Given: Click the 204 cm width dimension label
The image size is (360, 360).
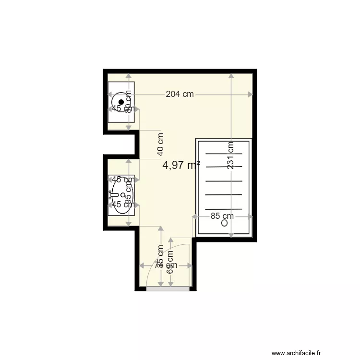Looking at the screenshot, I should point(180,94).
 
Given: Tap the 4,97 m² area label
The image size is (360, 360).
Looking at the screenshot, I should point(181,165).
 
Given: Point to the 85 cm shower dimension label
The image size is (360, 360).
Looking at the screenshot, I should point(222,216).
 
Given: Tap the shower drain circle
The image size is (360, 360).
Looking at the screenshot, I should point(224,223).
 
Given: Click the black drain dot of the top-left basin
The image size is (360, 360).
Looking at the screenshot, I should point(121,102).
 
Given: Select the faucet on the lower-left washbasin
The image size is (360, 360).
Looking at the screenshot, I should point(112,195).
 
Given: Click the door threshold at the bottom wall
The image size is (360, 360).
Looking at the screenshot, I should point(168,288).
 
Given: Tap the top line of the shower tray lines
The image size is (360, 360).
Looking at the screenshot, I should point(224,154).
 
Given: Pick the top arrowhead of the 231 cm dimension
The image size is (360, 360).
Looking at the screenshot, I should point(231,76).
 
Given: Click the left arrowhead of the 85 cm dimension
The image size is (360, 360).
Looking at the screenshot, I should point(195,216).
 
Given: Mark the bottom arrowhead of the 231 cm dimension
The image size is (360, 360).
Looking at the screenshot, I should point(231,235).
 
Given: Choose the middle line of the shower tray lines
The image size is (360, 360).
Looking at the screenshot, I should point(224,181).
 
